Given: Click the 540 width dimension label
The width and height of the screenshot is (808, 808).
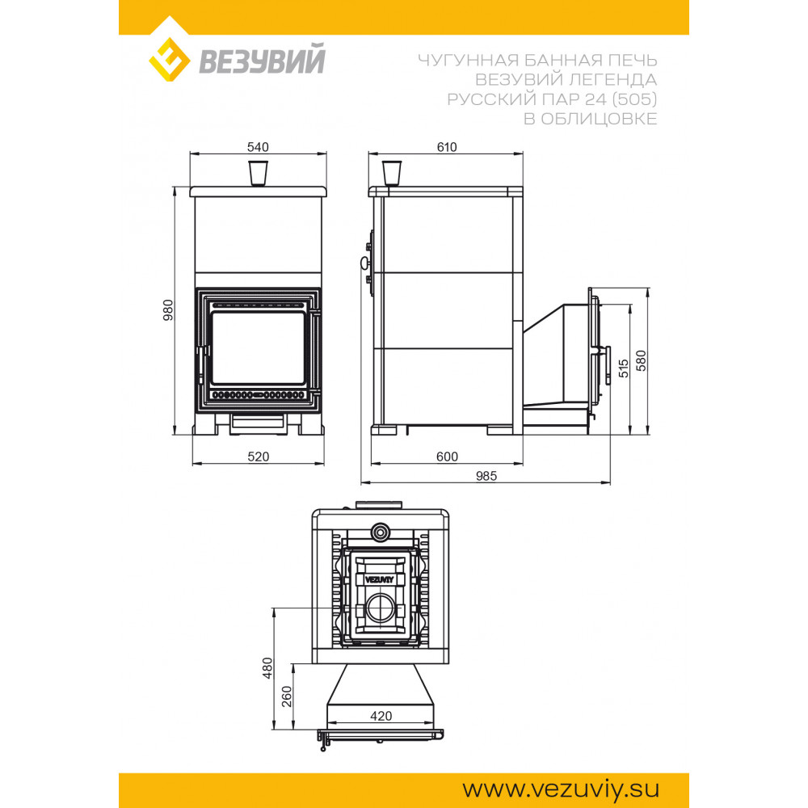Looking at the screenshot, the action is click(258, 147).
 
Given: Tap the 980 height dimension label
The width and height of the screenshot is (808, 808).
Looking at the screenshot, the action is click(169, 310).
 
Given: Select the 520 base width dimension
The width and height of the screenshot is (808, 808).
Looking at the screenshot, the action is click(259, 457).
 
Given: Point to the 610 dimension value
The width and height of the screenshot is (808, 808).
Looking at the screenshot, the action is click(447, 147).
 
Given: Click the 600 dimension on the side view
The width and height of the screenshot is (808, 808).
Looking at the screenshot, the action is click(447, 457).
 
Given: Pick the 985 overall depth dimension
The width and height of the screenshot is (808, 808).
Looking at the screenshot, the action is click(486, 476).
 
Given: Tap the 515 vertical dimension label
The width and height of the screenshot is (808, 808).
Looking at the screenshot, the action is click(624, 368).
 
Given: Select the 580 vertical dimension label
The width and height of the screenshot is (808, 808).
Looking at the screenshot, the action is click(641, 360).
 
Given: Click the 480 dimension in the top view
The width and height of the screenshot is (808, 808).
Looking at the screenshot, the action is click(267, 668).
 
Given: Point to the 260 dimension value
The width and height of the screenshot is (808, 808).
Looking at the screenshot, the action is click(287, 696).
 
